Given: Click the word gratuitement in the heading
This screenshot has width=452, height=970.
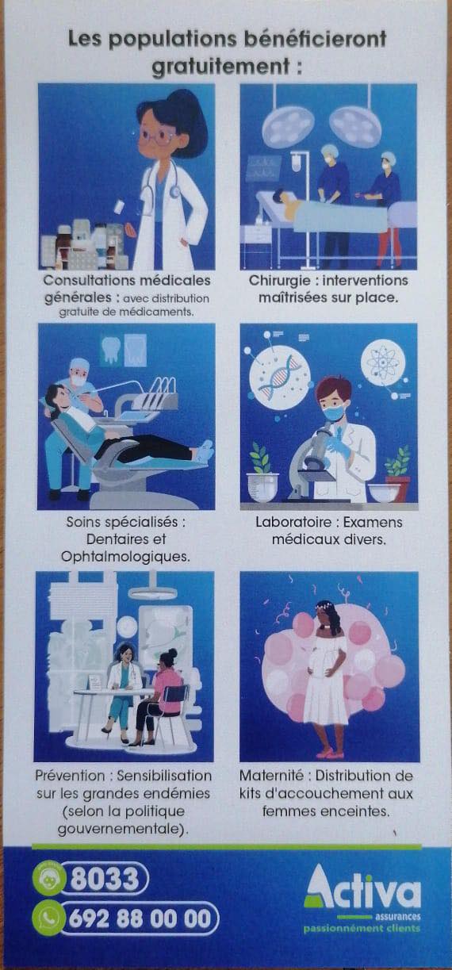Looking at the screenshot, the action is tap(220, 67).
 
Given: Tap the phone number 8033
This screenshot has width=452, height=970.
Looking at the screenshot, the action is tap(105, 879).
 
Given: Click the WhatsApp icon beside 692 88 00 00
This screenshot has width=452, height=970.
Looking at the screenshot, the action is tap(47, 918).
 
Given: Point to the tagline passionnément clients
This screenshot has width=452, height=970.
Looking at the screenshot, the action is tap(362, 929).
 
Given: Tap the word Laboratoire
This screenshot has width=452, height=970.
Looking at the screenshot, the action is tap(293, 522).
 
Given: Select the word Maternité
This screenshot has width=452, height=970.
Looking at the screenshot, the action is tap(271, 775).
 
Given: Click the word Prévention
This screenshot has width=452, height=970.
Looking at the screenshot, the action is tap(70, 775).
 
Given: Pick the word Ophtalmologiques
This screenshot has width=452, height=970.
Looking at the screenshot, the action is tap(125, 557).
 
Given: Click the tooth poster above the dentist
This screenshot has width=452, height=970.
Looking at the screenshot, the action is tap(110, 349).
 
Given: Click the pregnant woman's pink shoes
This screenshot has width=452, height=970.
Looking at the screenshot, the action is tap(330, 754).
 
